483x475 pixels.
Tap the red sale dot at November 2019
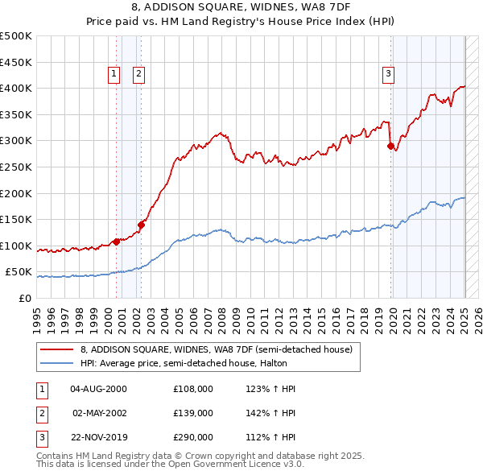pyautogui.click(x=390, y=147)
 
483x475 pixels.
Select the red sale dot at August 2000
pyautogui.click(x=116, y=241)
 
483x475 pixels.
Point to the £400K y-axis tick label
pyautogui.click(x=16, y=88)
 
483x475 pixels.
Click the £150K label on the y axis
pyautogui.click(x=16, y=219)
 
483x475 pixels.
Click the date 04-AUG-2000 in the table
pyautogui.click(x=98, y=389)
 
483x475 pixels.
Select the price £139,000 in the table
pyautogui.click(x=193, y=413)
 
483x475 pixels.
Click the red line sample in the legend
pyautogui.click(x=56, y=350)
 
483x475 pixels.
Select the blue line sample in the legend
pyautogui.click(x=56, y=363)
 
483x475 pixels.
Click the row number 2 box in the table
pyautogui.click(x=39, y=413)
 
